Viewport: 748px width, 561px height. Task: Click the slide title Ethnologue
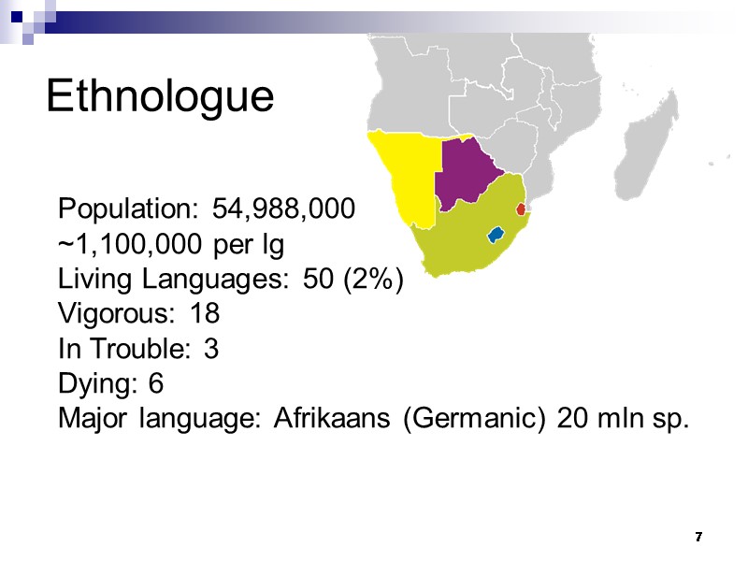click(x=160, y=96)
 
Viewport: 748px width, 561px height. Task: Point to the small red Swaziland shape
click(x=521, y=209)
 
